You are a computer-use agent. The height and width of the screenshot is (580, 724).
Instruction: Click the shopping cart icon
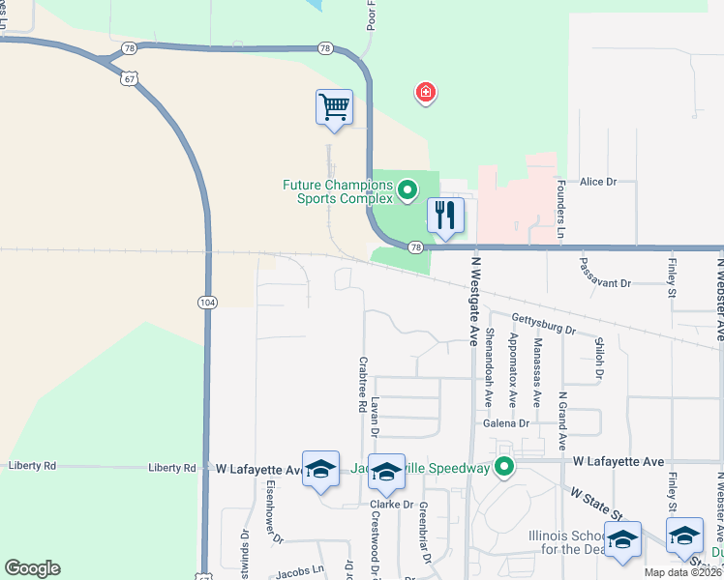click(334, 106)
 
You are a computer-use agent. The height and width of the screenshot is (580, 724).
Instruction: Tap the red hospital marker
click(425, 93)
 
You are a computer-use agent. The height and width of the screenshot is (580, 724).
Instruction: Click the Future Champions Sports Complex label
click(338, 191)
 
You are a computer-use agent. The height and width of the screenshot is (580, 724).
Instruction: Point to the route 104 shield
click(207, 303)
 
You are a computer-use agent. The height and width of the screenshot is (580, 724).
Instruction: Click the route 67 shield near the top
click(129, 78)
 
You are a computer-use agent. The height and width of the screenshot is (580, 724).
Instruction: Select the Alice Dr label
click(598, 182)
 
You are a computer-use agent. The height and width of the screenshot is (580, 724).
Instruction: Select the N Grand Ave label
click(561, 421)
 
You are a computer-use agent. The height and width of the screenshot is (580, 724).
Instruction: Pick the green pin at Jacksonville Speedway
click(503, 469)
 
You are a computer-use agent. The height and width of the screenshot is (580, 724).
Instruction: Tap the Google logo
click(32, 568)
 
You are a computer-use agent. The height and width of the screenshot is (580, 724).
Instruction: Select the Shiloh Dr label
click(599, 357)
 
